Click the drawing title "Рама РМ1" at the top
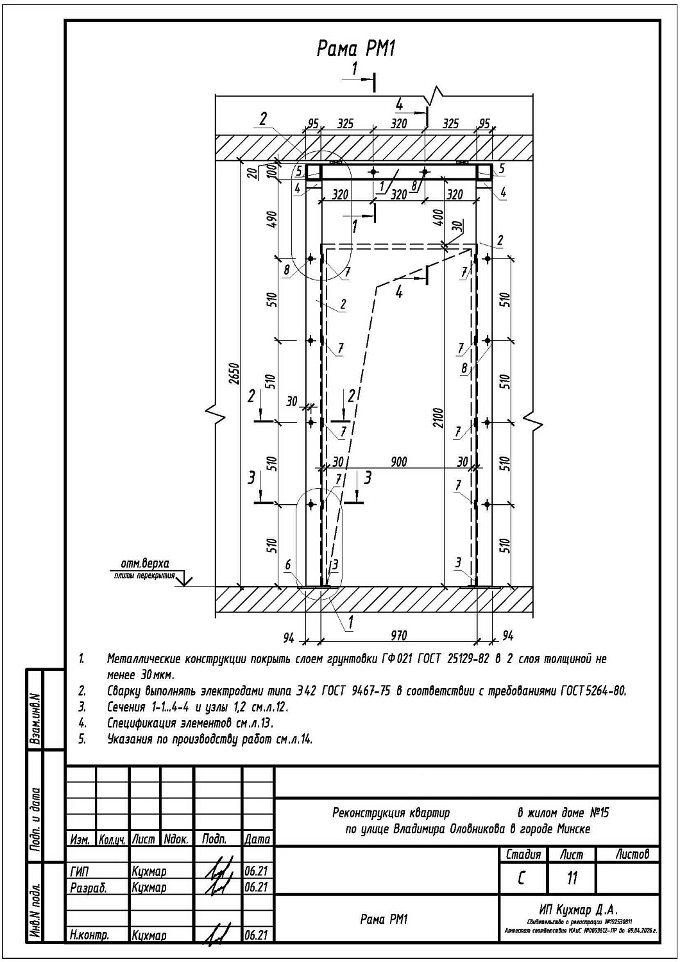pos(356,48)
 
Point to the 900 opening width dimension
pos(398,462)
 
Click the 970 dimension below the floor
pos(398,636)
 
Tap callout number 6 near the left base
pos(288,565)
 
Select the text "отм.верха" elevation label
pos(145,564)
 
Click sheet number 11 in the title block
pos(572,877)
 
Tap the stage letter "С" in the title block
pos(522,877)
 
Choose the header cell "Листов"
pos(632,854)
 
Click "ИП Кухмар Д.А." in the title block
pos(579,909)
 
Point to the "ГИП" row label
pos(80,872)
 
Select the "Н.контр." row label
pos(89,936)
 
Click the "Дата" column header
pos(257,839)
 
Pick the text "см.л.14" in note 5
pos(294,739)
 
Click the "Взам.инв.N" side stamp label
pos(36,718)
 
